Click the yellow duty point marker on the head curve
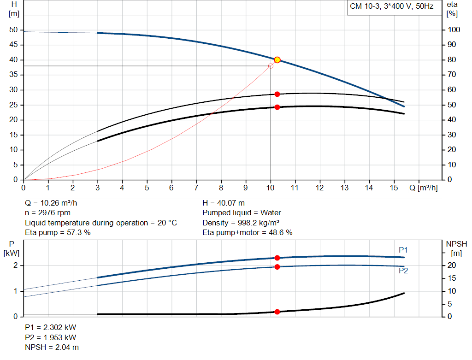click(277, 60)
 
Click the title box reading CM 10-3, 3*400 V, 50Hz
click(391, 7)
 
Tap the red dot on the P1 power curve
click(277, 258)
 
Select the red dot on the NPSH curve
click(277, 312)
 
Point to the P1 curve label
click(403, 250)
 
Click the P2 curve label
click(403, 271)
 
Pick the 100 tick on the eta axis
click(454, 30)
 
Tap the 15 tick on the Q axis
click(393, 188)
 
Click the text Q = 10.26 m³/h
click(54, 203)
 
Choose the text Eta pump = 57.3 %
click(58, 233)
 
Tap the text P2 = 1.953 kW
click(50, 337)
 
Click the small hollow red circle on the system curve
click(271, 66)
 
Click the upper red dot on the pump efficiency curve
click(277, 94)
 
